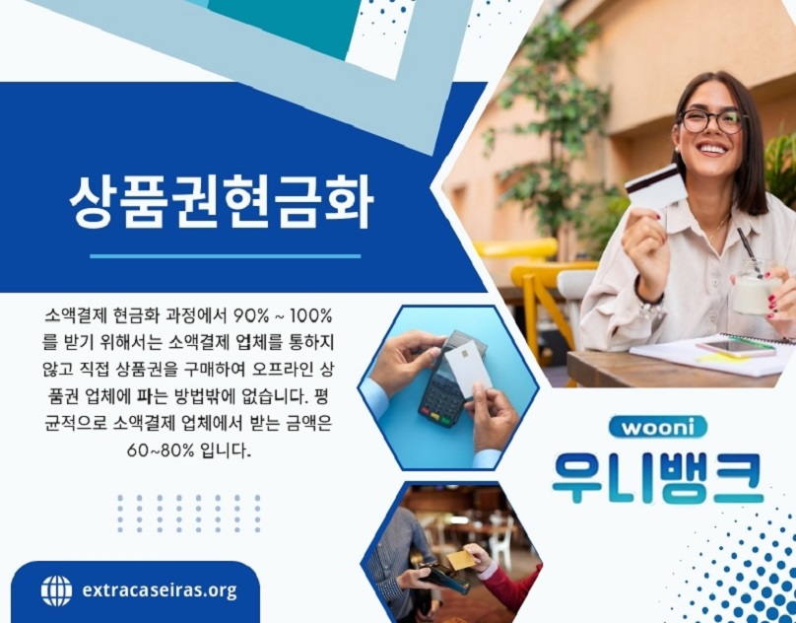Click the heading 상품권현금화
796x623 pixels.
pos(221,204)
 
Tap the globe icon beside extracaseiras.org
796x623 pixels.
pos(56,590)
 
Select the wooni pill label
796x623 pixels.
pos(657,427)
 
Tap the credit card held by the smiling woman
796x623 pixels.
pos(655,186)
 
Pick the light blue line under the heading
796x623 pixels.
pos(225,256)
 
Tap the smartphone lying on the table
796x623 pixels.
pos(734,347)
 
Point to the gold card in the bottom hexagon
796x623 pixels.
pos(460,559)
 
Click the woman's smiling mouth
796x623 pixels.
pos(711,152)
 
